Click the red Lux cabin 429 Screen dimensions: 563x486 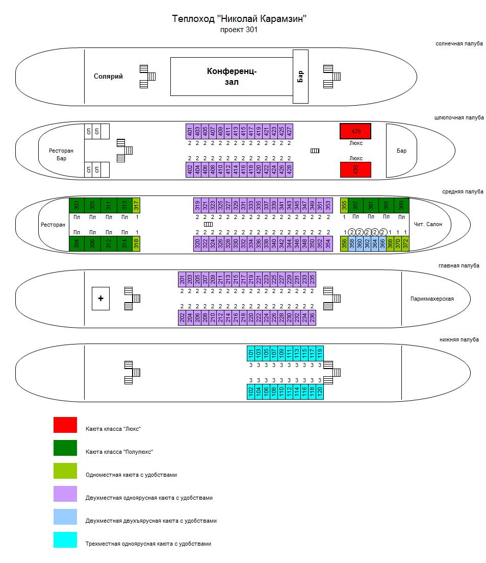(355, 131)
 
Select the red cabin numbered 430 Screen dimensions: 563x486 (355, 169)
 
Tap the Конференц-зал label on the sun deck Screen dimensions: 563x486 (232, 77)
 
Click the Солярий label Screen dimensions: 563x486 (108, 77)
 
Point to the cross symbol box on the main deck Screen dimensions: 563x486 (100, 299)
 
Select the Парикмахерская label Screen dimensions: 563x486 (432, 299)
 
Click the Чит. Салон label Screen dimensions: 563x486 (428, 225)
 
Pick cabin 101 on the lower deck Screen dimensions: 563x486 (251, 353)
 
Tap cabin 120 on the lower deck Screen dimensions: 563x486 (320, 391)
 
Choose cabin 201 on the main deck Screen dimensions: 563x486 (182, 279)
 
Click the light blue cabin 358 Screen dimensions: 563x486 (352, 244)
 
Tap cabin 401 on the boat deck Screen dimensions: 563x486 (190, 131)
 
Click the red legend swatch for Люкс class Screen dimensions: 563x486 (65, 425)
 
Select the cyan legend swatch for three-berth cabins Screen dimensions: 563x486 (65, 540)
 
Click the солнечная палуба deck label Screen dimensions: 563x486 (459, 44)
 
